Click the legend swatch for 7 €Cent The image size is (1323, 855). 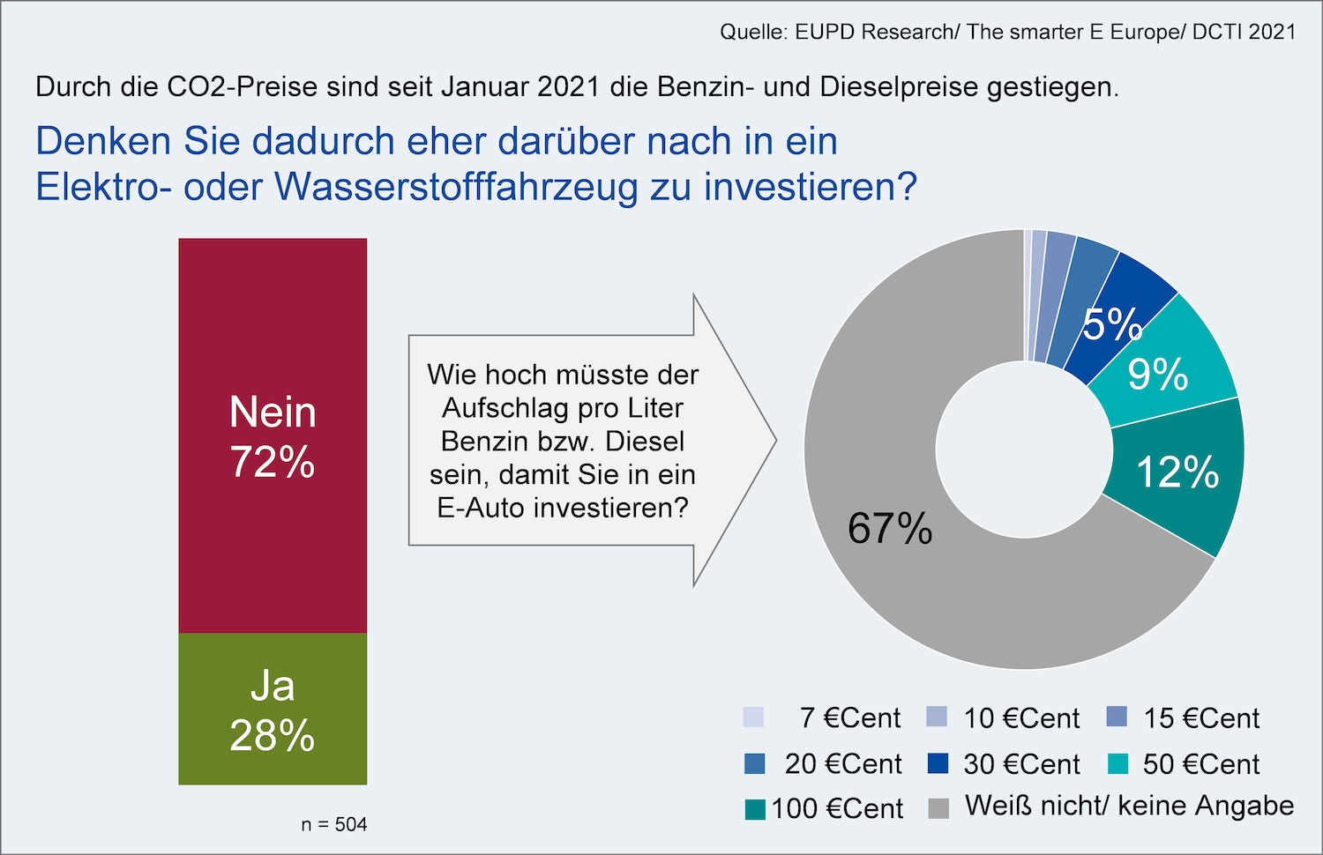click(x=753, y=717)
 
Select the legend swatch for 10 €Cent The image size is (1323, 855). click(x=937, y=717)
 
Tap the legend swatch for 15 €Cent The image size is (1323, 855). click(x=1117, y=717)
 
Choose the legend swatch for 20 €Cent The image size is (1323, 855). click(x=755, y=763)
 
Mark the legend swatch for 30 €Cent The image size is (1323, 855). click(x=938, y=763)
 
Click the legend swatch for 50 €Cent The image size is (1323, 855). click(x=1117, y=763)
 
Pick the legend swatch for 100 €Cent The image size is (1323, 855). click(x=755, y=809)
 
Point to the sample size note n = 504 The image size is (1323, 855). click(x=333, y=825)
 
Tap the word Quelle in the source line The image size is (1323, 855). click(x=751, y=33)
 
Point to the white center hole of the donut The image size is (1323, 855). click(x=1024, y=450)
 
